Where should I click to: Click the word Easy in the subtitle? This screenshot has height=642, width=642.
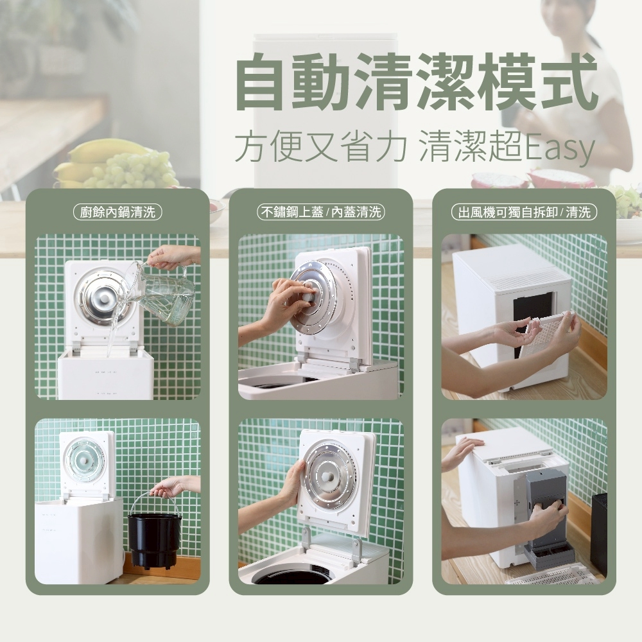[559, 148]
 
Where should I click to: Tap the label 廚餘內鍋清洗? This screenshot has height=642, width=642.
[117, 212]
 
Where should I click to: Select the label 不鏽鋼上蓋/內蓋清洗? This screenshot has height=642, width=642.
[320, 212]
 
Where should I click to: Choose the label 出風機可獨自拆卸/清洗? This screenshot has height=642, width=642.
[524, 212]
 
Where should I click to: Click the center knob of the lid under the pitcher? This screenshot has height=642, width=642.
[102, 295]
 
